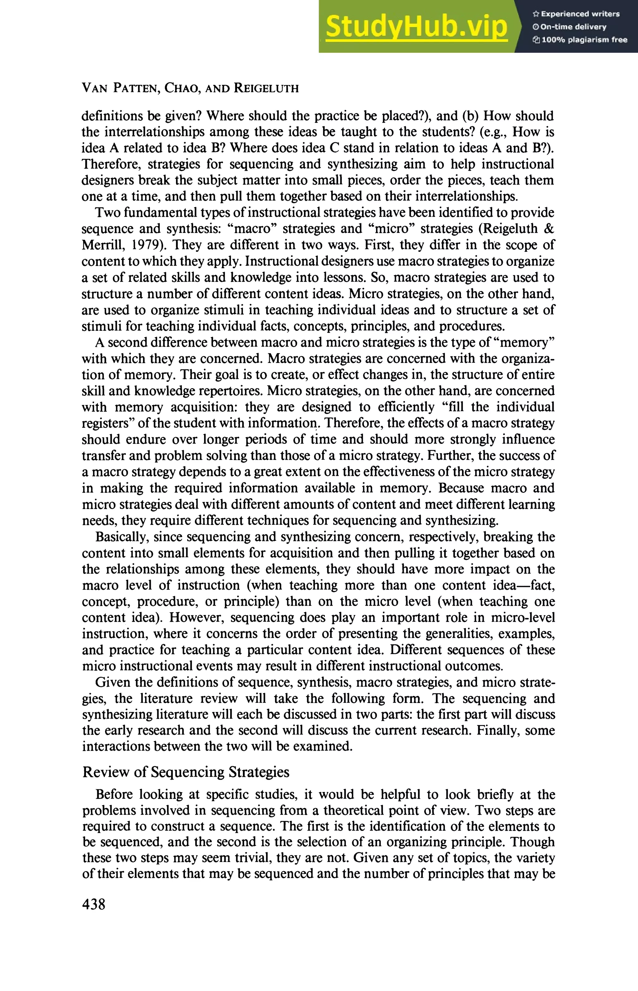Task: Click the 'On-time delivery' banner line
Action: click(573, 27)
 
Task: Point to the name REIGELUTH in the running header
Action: click(266, 88)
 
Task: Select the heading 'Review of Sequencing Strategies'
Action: click(186, 772)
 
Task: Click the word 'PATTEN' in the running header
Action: click(136, 88)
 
